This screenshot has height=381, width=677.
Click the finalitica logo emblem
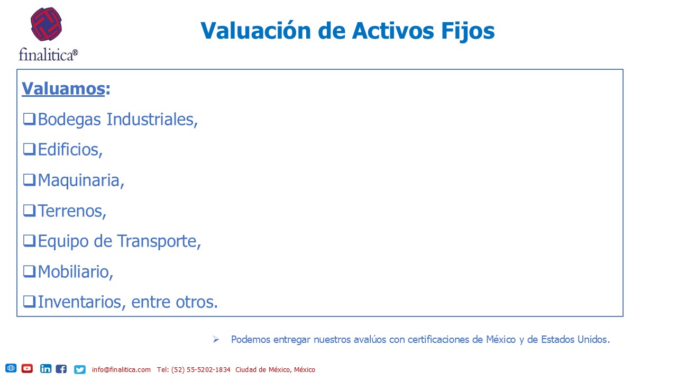(46, 24)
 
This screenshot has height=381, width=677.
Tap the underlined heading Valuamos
(63, 88)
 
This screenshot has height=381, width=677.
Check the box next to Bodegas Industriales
(29, 119)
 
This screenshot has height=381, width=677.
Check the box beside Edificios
(29, 149)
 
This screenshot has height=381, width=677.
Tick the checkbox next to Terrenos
(29, 211)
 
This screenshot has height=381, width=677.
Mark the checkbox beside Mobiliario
(29, 271)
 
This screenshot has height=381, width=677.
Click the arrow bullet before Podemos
(216, 339)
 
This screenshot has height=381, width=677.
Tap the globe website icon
(11, 368)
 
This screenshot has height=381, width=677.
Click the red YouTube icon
(27, 368)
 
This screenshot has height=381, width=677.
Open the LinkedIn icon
(45, 369)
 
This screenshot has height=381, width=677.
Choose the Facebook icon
(61, 369)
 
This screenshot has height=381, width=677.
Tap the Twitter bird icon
(80, 369)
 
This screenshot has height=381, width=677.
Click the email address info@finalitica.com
(121, 369)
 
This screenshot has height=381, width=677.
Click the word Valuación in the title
(255, 31)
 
